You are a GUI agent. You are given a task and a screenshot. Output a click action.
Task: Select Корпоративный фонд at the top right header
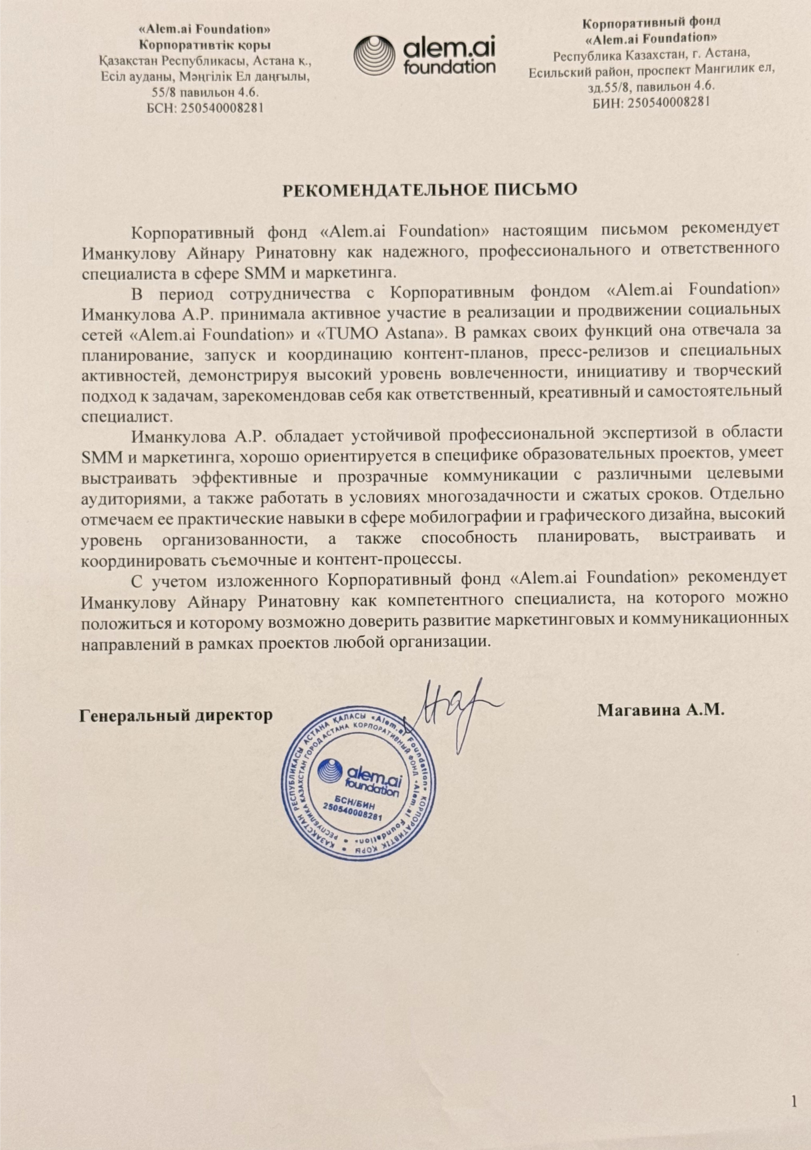[652, 22]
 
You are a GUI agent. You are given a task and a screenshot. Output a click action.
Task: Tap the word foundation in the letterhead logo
[449, 67]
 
